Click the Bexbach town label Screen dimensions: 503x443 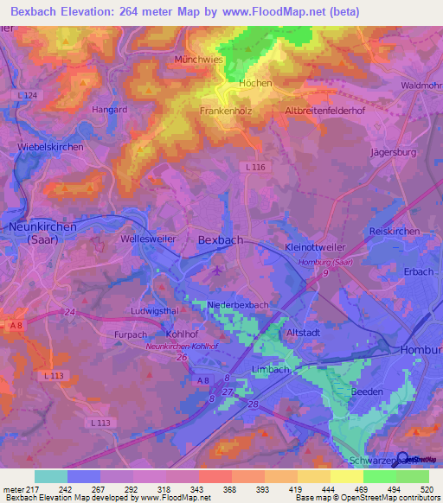pyautogui.click(x=218, y=239)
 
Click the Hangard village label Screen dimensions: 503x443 pyautogui.click(x=110, y=110)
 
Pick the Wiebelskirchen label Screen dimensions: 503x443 pyautogui.click(x=50, y=148)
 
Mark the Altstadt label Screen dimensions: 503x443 pyautogui.click(x=305, y=331)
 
